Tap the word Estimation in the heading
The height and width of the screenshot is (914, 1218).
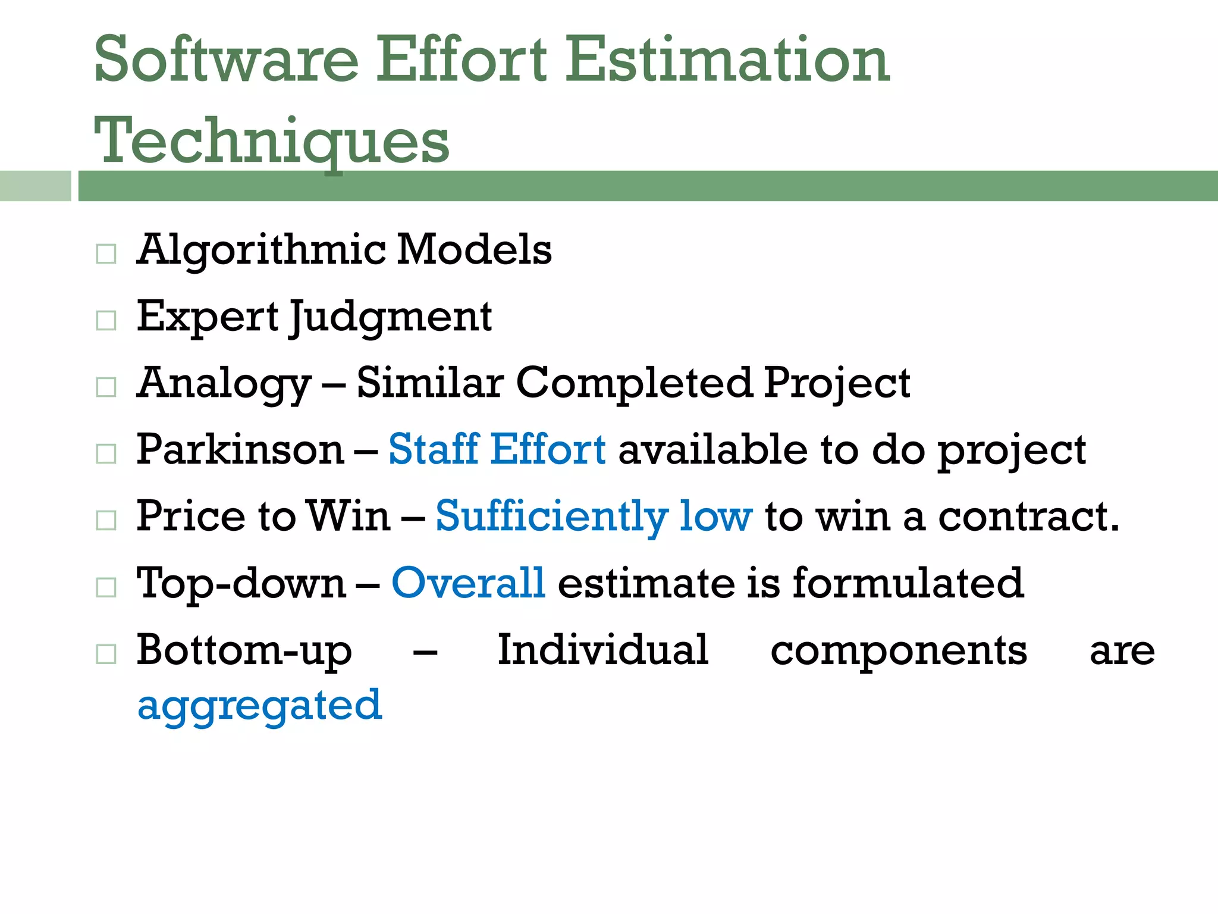click(727, 60)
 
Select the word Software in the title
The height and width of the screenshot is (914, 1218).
click(226, 60)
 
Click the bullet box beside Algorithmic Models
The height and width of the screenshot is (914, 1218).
click(106, 254)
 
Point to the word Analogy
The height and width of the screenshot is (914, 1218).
click(224, 384)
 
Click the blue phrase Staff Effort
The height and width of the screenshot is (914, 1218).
click(497, 449)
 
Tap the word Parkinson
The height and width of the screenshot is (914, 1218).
click(240, 449)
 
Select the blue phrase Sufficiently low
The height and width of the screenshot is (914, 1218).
click(594, 517)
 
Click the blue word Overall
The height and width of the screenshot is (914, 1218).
click(468, 583)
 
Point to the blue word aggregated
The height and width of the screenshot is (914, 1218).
click(259, 706)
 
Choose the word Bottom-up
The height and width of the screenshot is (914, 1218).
click(244, 651)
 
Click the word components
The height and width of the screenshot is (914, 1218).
click(899, 651)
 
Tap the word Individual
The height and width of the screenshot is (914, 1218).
click(602, 650)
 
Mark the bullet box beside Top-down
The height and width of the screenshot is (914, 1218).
click(106, 587)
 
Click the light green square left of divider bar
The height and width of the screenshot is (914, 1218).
click(35, 186)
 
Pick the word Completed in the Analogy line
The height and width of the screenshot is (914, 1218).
click(634, 383)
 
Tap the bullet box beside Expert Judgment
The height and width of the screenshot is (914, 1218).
click(106, 321)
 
